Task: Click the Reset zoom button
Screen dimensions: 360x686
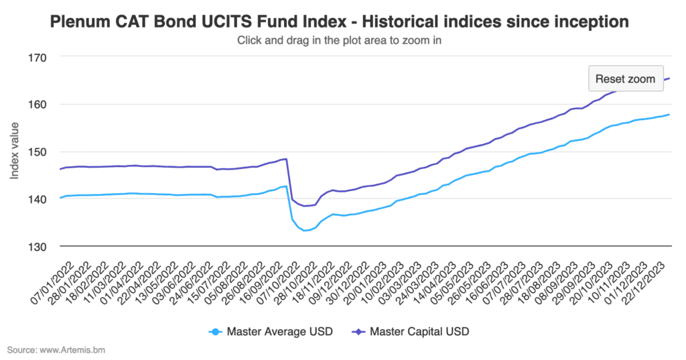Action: click(625, 78)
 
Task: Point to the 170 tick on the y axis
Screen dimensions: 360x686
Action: click(37, 58)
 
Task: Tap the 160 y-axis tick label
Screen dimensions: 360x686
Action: click(37, 105)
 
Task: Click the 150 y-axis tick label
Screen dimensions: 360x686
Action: click(37, 152)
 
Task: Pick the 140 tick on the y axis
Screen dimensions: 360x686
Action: click(37, 199)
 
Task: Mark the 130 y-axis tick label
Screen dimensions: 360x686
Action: click(37, 247)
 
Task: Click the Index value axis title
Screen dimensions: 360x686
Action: click(15, 152)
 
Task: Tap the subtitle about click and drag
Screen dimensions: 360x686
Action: click(340, 40)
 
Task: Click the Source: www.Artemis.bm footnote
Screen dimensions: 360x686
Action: click(56, 350)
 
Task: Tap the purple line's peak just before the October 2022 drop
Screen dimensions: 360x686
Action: click(286, 159)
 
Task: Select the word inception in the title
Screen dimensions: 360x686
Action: click(590, 22)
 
